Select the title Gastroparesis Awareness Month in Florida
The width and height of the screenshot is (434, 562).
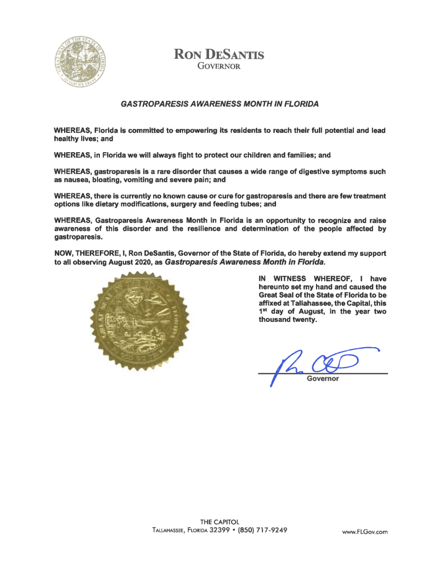pyautogui.click(x=219, y=103)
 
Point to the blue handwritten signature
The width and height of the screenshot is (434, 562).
pyautogui.click(x=324, y=363)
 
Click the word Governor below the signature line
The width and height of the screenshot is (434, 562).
pyautogui.click(x=324, y=379)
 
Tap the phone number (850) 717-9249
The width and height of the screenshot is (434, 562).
pyautogui.click(x=260, y=530)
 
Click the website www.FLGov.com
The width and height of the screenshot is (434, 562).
pyautogui.click(x=365, y=531)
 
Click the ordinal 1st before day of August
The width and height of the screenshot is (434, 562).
pyautogui.click(x=264, y=310)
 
